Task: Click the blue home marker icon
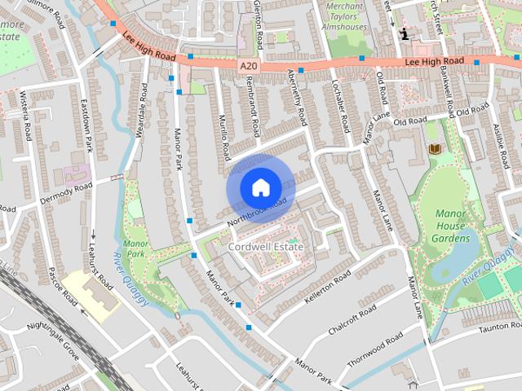(x=260, y=187)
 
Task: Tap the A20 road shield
(x=249, y=64)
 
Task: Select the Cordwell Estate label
(x=266, y=246)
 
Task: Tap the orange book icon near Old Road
(x=434, y=148)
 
